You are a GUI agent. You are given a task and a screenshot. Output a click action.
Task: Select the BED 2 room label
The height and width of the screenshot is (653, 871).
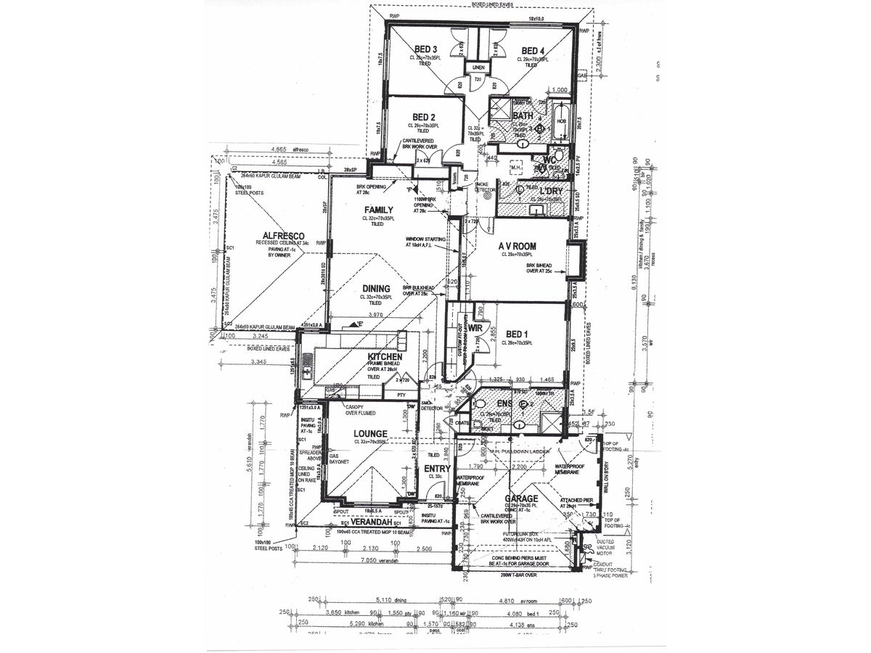pyautogui.click(x=423, y=117)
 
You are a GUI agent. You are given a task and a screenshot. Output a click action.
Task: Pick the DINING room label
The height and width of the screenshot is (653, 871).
pyautogui.click(x=377, y=288)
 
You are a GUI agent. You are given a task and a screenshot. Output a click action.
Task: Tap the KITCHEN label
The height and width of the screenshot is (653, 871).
pyautogui.click(x=385, y=358)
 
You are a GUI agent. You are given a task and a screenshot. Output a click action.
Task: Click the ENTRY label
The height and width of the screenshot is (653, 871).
pyautogui.click(x=439, y=469)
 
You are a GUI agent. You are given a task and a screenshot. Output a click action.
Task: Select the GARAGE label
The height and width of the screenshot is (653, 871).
pyautogui.click(x=522, y=498)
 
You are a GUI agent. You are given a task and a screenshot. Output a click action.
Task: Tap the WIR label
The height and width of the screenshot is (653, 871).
pyautogui.click(x=476, y=328)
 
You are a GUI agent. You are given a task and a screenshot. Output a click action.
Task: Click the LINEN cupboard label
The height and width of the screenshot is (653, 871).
pyautogui.click(x=478, y=67)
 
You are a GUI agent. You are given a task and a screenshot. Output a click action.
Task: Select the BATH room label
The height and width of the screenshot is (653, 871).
pyautogui.click(x=523, y=115)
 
